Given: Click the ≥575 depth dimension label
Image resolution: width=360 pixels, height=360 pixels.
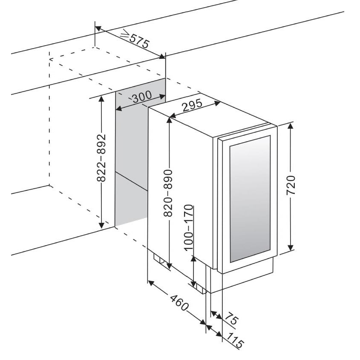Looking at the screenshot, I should tap(134, 39).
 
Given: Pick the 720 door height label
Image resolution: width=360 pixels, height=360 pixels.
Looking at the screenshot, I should tap(291, 185).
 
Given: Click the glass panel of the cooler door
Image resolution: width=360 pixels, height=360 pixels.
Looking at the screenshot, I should tap(250, 198).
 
